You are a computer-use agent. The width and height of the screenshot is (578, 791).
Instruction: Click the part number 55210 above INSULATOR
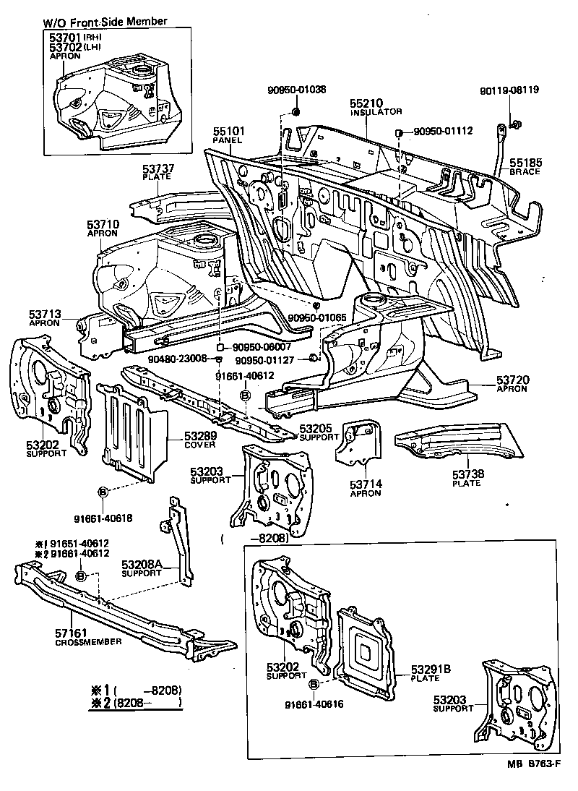pyautogui.click(x=366, y=103)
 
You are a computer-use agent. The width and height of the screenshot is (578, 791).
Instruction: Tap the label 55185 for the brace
pyautogui.click(x=526, y=163)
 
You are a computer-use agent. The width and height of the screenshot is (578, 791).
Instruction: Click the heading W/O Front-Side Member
pyautogui.click(x=105, y=21)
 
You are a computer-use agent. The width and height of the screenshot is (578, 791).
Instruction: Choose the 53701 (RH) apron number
pyautogui.click(x=66, y=37)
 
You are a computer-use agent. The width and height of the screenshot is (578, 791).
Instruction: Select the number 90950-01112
pyautogui.click(x=443, y=131)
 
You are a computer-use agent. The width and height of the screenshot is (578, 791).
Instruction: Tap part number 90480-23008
pyautogui.click(x=177, y=358)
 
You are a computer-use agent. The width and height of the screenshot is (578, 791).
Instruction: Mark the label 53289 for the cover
pyautogui.click(x=199, y=436)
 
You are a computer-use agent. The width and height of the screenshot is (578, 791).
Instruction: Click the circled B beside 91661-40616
pyautogui.click(x=314, y=683)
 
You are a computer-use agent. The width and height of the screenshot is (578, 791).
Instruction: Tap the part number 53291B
pyautogui.click(x=431, y=670)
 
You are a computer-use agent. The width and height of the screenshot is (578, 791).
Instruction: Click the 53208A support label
pyautogui.click(x=141, y=564)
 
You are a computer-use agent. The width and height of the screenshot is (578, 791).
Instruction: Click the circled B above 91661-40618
pyautogui.click(x=103, y=492)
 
